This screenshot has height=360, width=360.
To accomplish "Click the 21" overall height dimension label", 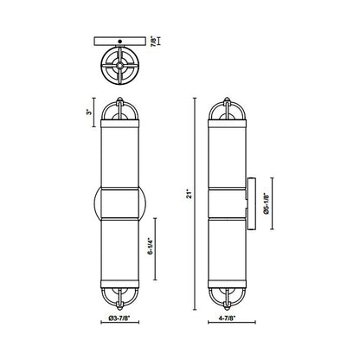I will point(188,196).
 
